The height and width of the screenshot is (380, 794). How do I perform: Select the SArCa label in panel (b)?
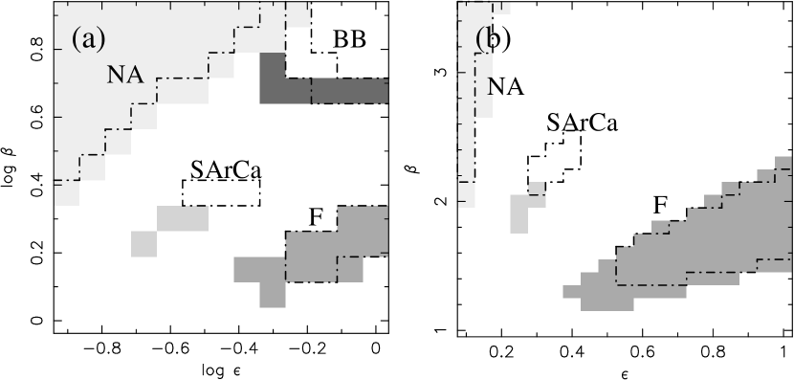coord(582,124)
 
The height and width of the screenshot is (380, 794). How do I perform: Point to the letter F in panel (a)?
coord(316,217)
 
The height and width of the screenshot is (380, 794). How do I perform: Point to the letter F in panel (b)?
coord(660,206)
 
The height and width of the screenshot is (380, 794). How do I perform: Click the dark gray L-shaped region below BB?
coord(325,90)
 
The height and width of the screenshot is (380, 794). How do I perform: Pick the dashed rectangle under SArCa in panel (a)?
coord(221,192)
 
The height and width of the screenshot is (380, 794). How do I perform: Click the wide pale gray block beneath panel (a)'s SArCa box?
coord(182,218)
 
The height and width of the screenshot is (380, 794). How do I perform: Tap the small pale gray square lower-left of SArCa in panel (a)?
coord(143,243)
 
